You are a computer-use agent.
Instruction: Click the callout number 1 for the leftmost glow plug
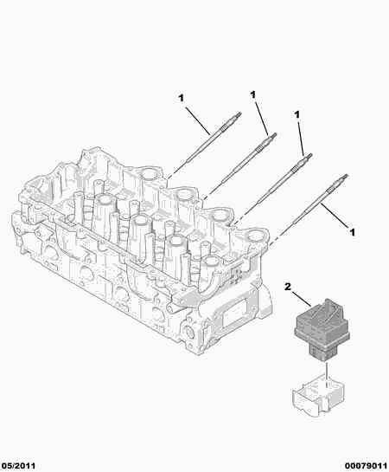181,98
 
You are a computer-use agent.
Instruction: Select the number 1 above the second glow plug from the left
253,94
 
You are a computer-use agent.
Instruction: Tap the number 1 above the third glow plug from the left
297,114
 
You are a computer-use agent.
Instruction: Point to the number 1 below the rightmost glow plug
352,232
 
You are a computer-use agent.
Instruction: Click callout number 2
288,287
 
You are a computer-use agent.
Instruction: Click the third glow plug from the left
285,178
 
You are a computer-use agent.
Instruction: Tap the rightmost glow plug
320,198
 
